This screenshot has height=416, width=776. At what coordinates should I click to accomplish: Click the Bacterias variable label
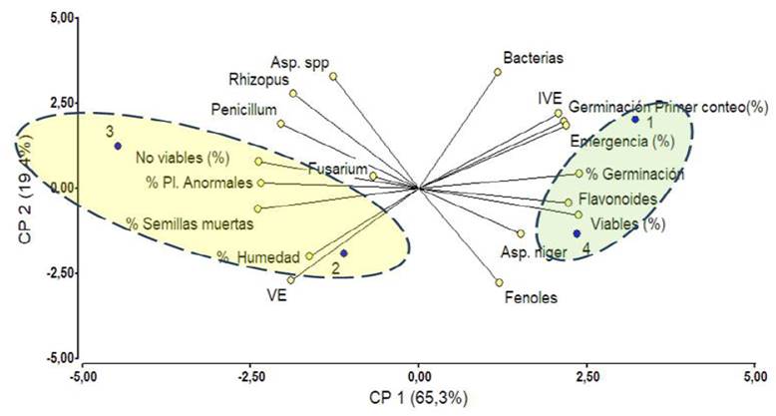pos(534,58)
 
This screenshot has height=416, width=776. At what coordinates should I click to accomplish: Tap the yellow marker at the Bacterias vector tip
pos(498,72)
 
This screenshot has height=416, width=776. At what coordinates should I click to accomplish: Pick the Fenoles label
pos(531,296)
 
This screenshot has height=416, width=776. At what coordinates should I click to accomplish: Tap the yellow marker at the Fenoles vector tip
pos(499,282)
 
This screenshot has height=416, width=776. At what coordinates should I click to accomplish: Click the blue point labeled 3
pos(118,146)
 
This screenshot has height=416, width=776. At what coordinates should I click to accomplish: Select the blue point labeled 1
pos(634,120)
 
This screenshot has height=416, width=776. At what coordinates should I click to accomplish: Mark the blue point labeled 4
pos(577,233)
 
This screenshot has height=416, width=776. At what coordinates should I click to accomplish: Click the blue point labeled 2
pos(343,253)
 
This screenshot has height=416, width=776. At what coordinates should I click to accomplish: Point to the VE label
pos(277,295)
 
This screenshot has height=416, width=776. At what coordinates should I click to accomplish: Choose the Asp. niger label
pos(533,252)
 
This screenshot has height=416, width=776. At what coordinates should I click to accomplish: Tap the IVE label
pos(550,98)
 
